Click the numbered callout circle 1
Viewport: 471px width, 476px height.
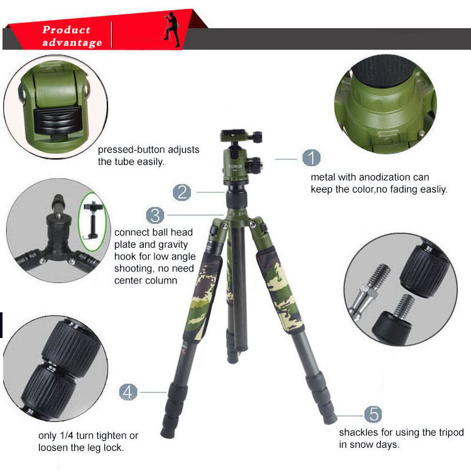coord(311,158)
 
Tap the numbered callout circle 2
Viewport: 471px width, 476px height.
coord(182,193)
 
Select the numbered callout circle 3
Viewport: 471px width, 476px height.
coord(155,216)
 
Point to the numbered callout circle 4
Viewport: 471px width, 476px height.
coord(128,392)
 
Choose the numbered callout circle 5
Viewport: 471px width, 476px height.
coord(373,415)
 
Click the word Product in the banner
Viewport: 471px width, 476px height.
coord(67,29)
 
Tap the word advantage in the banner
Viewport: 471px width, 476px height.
coord(72,43)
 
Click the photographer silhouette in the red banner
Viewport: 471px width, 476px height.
coord(172,29)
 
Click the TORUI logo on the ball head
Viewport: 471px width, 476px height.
coord(235,166)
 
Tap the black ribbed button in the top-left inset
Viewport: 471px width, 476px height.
coord(58,120)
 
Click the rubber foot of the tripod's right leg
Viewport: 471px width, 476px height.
coord(330,418)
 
